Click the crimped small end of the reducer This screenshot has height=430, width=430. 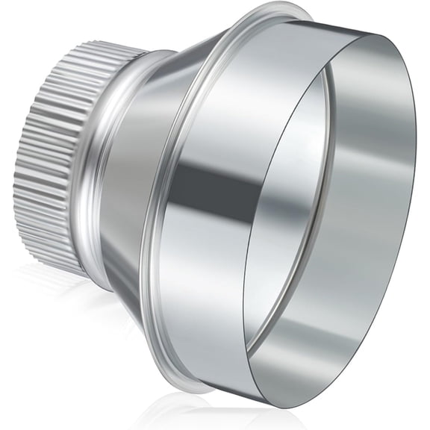(56, 157)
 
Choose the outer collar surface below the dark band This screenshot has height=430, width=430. (216, 299)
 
